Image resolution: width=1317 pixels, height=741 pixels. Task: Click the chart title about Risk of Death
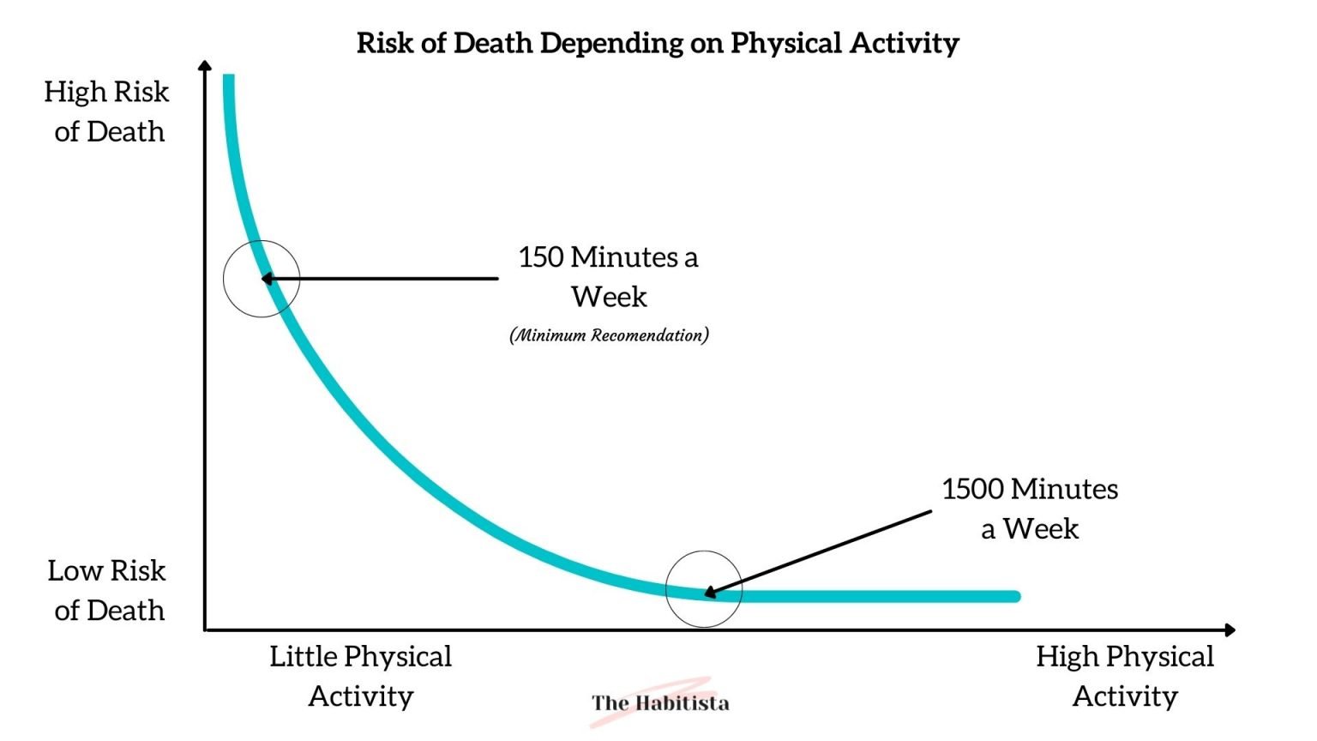(x=658, y=43)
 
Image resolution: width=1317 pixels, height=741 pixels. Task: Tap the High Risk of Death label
(x=107, y=111)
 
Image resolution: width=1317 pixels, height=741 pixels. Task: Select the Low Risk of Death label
(x=107, y=590)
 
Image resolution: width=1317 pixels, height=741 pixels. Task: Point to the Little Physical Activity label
(x=360, y=676)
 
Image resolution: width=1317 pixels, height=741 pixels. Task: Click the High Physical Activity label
(x=1125, y=676)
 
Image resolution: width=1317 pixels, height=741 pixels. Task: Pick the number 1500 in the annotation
(x=972, y=489)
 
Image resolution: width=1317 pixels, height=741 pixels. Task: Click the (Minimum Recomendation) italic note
(x=609, y=335)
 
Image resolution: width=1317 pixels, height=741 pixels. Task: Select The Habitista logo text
(x=660, y=703)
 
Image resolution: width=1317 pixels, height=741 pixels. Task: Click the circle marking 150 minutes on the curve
(x=262, y=279)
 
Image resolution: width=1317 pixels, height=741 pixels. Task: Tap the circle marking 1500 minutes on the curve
(x=704, y=589)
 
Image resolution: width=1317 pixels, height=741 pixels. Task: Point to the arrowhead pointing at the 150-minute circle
(x=267, y=279)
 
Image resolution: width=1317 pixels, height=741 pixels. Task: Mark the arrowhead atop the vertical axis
(x=204, y=66)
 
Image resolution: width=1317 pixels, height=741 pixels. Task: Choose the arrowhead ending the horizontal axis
(x=1230, y=630)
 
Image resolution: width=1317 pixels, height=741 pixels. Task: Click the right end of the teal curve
(x=1015, y=596)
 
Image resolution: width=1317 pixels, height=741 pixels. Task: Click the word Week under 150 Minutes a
(x=609, y=297)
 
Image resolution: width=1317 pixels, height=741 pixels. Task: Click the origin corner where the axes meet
(x=206, y=630)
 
